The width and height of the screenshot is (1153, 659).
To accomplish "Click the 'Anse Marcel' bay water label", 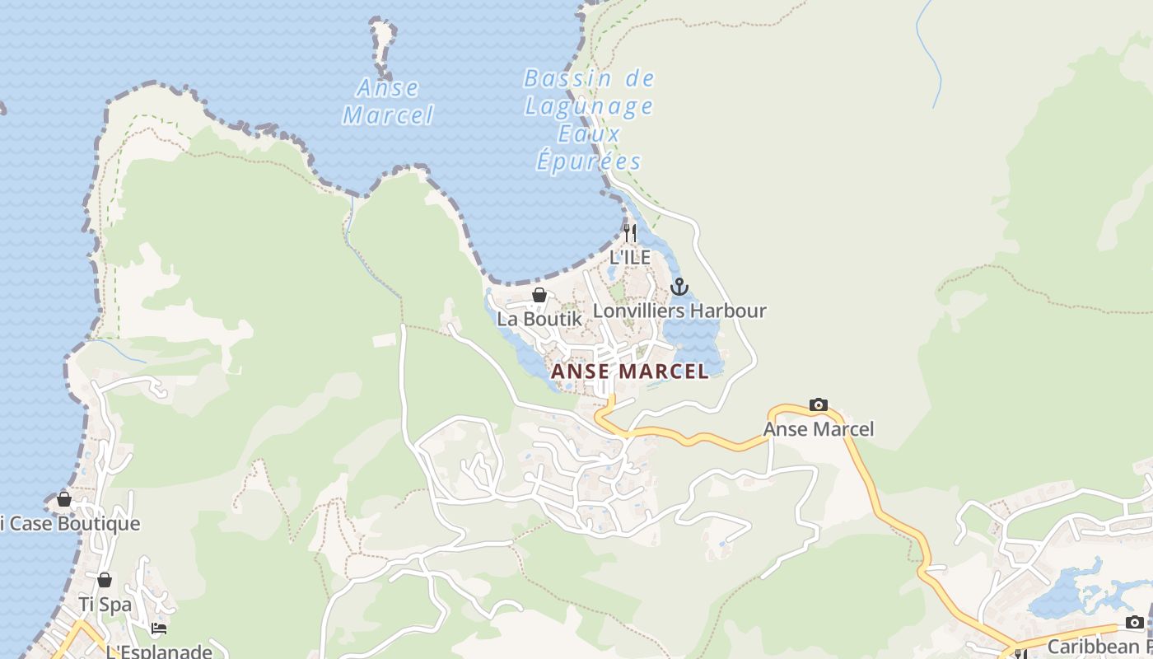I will (x=388, y=101).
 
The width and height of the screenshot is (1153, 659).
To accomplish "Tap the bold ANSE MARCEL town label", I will (x=630, y=372).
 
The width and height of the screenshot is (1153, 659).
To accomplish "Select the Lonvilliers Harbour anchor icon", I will (x=679, y=287).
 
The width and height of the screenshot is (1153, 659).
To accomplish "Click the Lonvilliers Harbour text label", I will (x=679, y=311).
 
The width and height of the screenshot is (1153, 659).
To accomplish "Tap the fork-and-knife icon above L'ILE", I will (x=630, y=233).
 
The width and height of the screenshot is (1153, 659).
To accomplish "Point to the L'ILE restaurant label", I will (x=630, y=257).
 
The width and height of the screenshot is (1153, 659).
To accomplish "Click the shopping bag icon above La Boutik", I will (x=539, y=295).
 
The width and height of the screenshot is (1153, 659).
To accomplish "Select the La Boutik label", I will (x=539, y=318).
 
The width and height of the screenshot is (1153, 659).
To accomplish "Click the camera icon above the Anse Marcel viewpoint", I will (x=819, y=404).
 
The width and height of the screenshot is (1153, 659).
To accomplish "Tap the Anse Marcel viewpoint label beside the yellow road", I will (x=819, y=429).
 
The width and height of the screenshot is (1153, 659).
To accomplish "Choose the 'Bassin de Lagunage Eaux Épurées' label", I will (x=589, y=120).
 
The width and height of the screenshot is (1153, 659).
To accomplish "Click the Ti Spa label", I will (x=105, y=604).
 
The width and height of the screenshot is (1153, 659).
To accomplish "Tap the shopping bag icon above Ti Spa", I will (x=105, y=580).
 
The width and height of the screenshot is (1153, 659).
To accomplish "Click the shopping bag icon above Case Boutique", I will (x=64, y=499).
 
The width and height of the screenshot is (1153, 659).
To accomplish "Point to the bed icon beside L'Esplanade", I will (x=159, y=629).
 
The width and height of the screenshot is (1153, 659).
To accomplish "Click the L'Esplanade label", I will (x=159, y=651).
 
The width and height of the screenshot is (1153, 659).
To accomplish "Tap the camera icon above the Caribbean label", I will (x=1135, y=622).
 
